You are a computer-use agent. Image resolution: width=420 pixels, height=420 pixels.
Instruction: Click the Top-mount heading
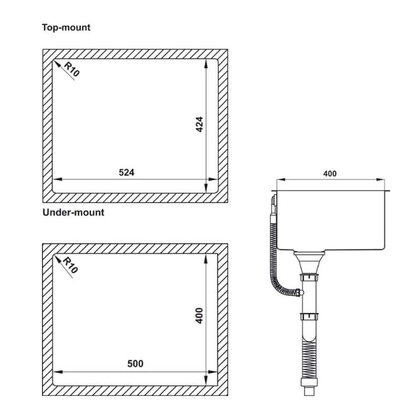[x=66, y=28]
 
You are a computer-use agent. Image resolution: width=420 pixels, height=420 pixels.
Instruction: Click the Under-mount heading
[x=73, y=213]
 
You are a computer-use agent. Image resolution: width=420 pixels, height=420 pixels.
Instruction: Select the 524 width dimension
[x=127, y=173]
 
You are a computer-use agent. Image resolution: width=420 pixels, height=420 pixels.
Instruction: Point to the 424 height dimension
[x=199, y=124]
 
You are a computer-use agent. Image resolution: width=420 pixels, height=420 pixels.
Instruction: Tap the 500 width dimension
[x=135, y=364]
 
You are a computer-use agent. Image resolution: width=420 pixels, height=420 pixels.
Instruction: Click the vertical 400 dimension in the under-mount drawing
[x=199, y=316]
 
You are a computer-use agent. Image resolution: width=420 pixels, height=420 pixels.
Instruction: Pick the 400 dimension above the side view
[x=330, y=174]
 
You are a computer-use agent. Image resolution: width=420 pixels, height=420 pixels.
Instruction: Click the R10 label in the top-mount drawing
[x=72, y=69]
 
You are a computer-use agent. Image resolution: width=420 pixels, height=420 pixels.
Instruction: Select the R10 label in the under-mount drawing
[x=70, y=265]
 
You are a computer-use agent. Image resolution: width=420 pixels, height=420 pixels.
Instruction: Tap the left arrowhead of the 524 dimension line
[x=58, y=179]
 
